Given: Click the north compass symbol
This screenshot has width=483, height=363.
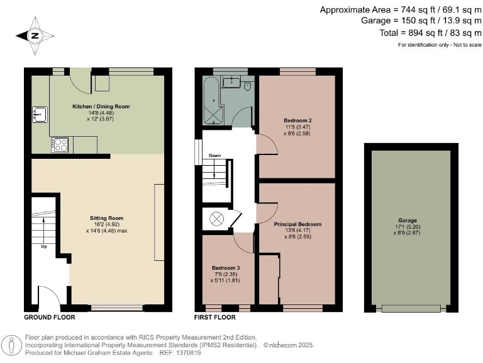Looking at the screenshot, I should tap(34, 36).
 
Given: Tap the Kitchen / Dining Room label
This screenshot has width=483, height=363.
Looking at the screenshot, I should tap(101, 107).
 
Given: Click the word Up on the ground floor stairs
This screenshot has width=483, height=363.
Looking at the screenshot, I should tap(44, 246).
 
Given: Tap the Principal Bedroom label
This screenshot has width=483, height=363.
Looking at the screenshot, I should tap(297, 224).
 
